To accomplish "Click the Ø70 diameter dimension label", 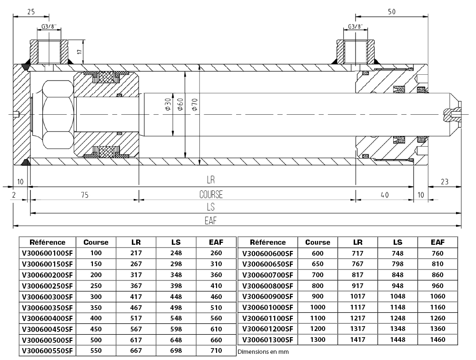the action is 195,105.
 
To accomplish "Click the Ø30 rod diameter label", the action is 168,105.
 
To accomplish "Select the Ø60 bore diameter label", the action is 180,105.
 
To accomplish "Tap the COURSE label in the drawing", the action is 211,194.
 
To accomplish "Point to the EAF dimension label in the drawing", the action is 211,221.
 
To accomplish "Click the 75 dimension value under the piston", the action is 85,195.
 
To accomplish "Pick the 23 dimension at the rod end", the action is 445,182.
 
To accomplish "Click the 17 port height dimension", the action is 79,51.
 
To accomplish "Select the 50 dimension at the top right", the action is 392,11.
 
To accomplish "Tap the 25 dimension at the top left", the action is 31,11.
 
